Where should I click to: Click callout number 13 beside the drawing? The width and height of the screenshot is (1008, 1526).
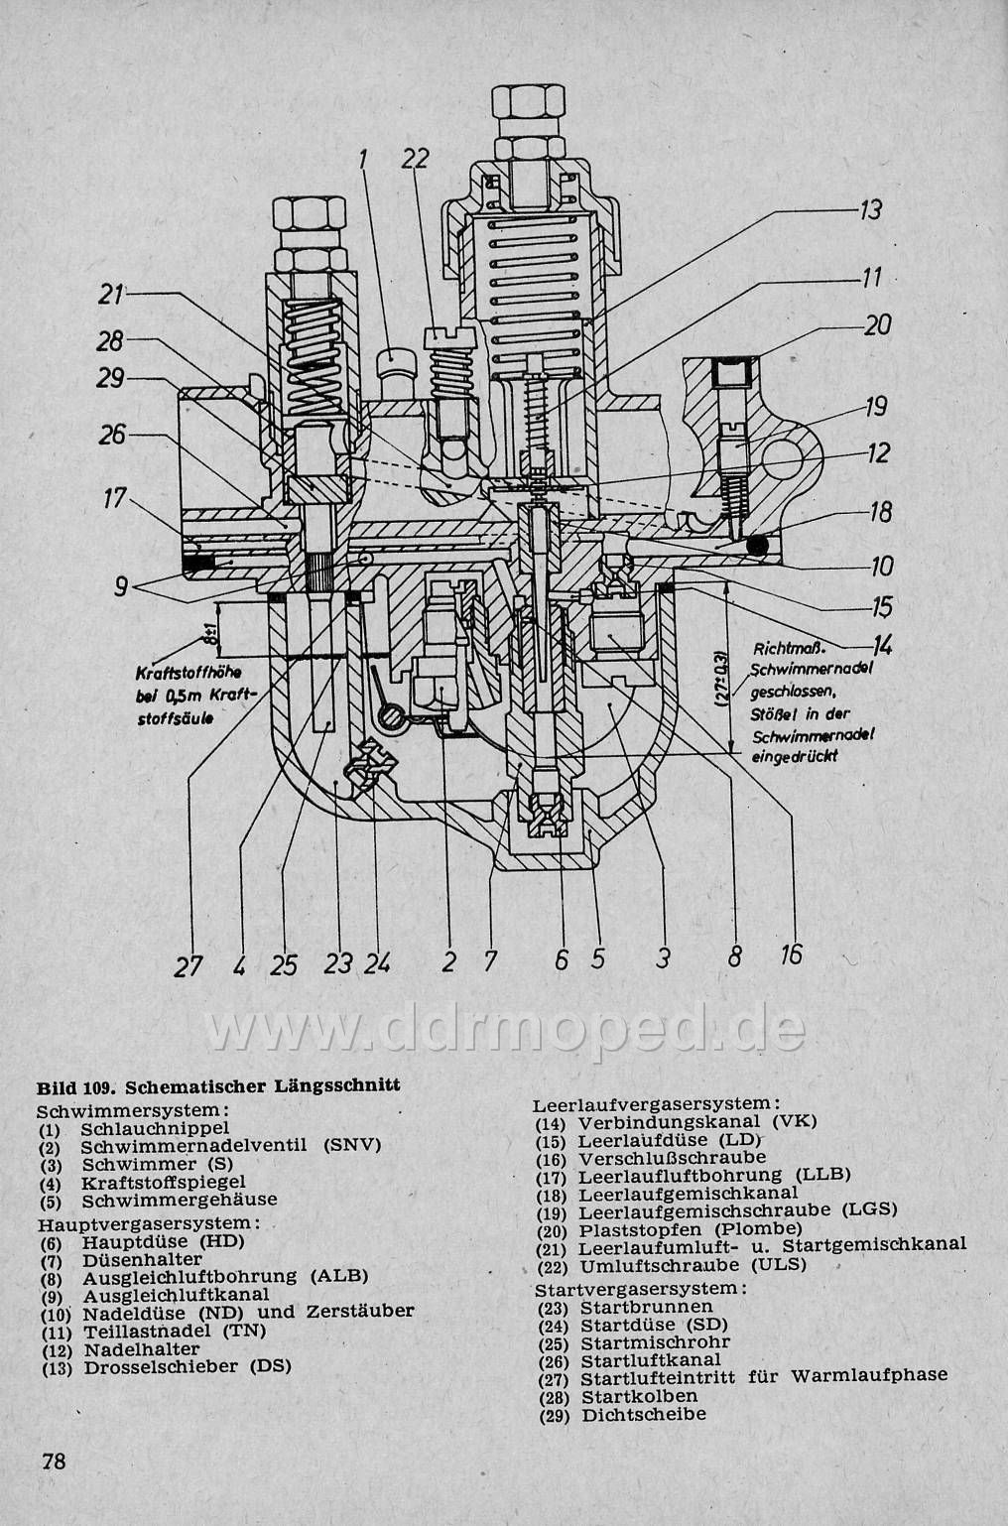click(870, 210)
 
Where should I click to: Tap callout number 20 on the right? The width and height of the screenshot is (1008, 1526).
click(877, 324)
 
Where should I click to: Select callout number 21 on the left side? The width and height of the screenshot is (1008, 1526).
click(111, 294)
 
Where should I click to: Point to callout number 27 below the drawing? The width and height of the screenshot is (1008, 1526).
click(188, 964)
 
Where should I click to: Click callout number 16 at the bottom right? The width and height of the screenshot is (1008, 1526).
click(791, 954)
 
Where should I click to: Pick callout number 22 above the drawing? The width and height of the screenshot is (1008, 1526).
click(416, 159)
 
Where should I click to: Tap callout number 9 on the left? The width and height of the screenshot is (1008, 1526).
click(120, 585)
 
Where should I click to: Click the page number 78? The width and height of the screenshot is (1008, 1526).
click(54, 1461)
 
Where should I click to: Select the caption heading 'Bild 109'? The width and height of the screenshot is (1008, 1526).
click(78, 1084)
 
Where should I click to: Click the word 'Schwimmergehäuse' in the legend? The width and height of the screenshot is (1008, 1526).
click(180, 1199)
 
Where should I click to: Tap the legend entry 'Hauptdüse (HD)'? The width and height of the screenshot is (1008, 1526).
click(163, 1240)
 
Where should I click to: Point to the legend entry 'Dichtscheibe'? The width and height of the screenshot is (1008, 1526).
click(644, 1414)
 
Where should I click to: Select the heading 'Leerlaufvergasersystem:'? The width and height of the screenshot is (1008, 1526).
click(656, 1103)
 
